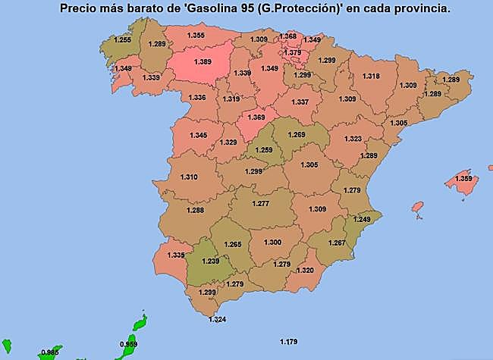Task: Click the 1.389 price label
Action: click(x=203, y=61)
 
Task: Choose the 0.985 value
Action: click(x=51, y=352)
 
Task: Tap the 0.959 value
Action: click(x=129, y=344)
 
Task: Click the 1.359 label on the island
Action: click(x=463, y=179)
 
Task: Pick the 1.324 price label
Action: click(x=217, y=319)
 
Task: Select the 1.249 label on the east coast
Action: click(x=363, y=219)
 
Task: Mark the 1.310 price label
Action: click(x=189, y=177)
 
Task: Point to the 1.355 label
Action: click(x=195, y=36)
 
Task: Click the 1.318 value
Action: click(x=371, y=77)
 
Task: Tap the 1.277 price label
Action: click(x=260, y=203)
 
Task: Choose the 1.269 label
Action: click(x=297, y=134)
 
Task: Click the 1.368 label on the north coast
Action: click(x=287, y=36)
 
